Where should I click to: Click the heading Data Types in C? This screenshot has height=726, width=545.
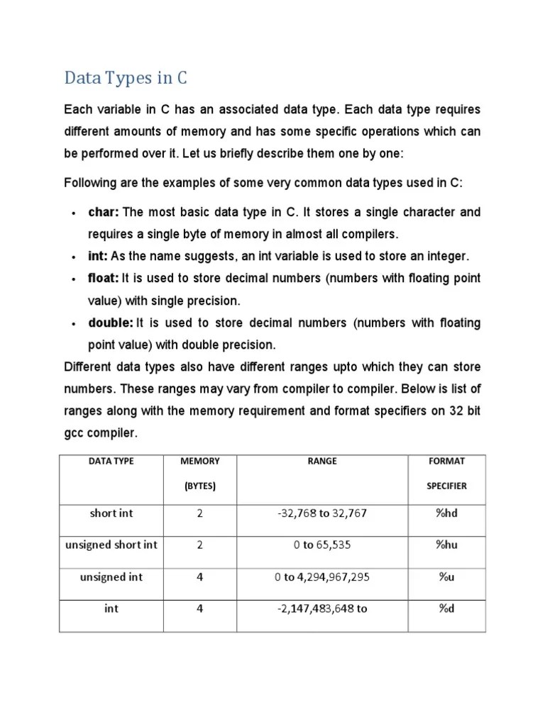click(x=126, y=77)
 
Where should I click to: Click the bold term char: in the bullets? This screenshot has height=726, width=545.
click(x=104, y=212)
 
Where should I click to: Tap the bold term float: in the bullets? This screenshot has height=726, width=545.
click(x=104, y=278)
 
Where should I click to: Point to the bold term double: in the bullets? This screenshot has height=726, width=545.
click(x=111, y=323)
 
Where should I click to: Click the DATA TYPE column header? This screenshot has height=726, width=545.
click(x=111, y=461)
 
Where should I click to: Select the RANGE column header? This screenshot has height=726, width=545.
click(x=321, y=461)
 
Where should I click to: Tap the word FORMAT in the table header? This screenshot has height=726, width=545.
click(x=446, y=461)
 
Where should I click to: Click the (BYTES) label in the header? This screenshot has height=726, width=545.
click(x=199, y=486)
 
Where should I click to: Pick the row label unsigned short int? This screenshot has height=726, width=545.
click(x=111, y=545)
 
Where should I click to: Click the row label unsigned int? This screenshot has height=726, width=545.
click(x=111, y=577)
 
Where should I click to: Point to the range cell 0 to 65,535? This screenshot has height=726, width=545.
click(x=321, y=545)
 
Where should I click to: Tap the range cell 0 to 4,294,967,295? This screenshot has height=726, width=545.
click(x=321, y=577)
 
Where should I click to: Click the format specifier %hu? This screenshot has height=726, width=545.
click(x=446, y=545)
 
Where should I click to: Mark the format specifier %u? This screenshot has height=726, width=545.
click(x=446, y=577)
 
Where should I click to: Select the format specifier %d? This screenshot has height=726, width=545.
click(x=446, y=608)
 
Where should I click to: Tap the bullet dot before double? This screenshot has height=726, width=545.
click(x=74, y=324)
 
